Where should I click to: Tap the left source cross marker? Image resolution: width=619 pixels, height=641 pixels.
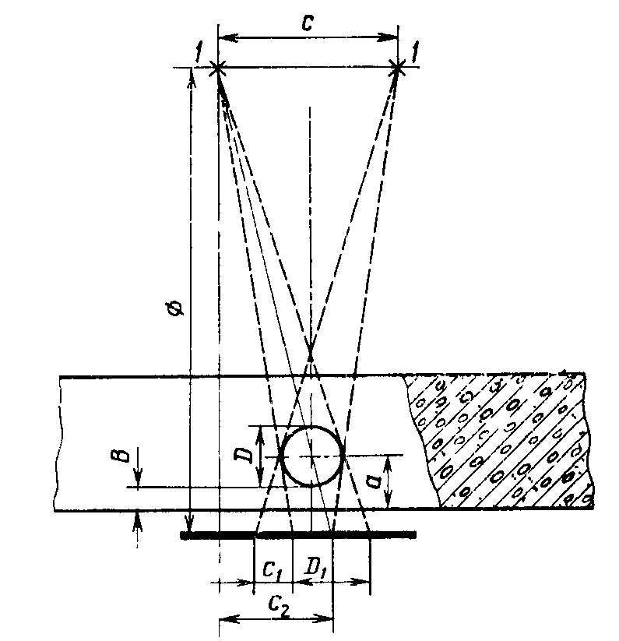point(219,69)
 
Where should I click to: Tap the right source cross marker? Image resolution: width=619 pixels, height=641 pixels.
point(398,69)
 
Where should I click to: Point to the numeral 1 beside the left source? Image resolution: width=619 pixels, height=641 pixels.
point(199,55)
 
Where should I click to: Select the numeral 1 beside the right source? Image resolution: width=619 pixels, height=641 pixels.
point(417,55)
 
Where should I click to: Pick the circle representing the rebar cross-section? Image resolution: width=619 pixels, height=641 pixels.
point(311,456)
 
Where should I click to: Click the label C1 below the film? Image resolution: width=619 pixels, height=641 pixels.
point(273,571)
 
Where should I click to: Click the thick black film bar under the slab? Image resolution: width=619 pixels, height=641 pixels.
point(297,535)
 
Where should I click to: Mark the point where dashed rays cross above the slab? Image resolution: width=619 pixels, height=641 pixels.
point(310,355)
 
